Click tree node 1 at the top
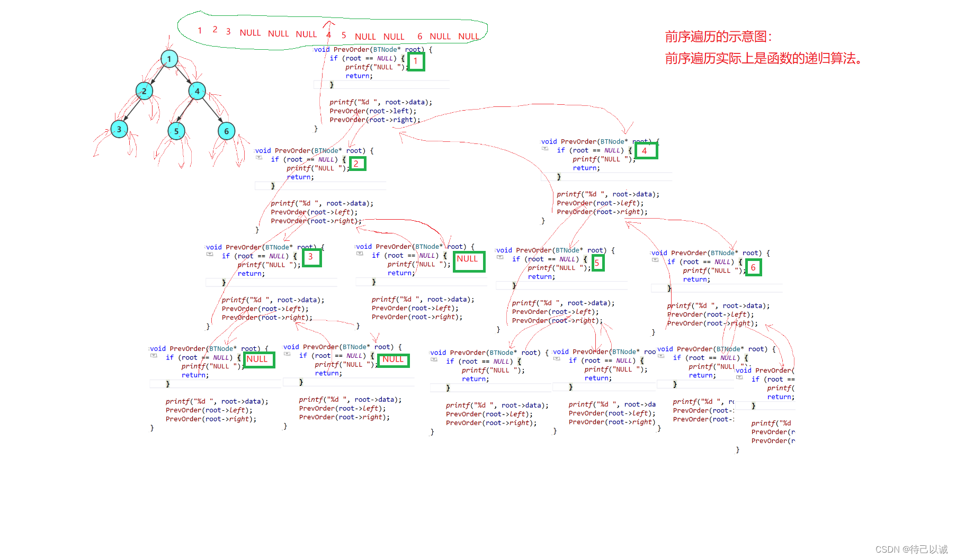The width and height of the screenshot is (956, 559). click(x=169, y=59)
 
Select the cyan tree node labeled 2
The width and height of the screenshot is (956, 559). click(x=144, y=91)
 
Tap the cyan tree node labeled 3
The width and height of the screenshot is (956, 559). click(x=119, y=129)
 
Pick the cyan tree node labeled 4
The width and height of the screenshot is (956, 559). click(x=197, y=91)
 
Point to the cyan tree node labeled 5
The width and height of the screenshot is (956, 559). click(x=176, y=131)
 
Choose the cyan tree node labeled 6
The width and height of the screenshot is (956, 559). click(x=226, y=131)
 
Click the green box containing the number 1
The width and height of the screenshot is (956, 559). click(x=416, y=61)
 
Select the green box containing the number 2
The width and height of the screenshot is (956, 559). click(x=357, y=164)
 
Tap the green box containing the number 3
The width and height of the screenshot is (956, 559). click(x=311, y=257)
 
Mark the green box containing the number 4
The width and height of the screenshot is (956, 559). click(x=645, y=151)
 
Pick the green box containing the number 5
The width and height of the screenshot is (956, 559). click(x=597, y=263)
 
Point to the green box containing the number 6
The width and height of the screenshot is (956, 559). click(x=753, y=267)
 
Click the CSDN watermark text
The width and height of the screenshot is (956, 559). click(x=911, y=549)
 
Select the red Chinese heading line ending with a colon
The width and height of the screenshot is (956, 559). click(x=719, y=37)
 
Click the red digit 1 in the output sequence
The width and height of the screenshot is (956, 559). click(x=200, y=31)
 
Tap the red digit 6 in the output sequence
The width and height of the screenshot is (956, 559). click(x=419, y=36)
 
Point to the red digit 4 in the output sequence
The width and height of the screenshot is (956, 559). click(x=328, y=35)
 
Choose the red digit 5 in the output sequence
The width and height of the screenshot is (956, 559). click(x=344, y=35)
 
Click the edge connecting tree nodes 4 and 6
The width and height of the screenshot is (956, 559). click(x=212, y=111)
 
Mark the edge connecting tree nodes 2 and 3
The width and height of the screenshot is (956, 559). click(x=132, y=110)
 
